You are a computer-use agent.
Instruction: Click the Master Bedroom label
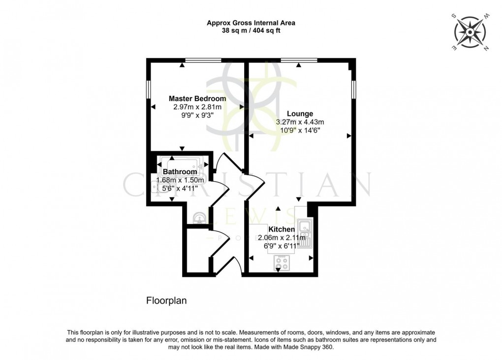[197, 98]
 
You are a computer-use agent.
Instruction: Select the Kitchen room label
[282, 229]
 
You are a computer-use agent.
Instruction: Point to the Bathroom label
[180, 172]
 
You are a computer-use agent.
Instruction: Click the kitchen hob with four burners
[282, 263]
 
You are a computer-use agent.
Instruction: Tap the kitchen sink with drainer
[305, 233]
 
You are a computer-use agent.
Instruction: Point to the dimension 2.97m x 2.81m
[197, 107]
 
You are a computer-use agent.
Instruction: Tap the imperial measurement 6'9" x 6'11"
[282, 246]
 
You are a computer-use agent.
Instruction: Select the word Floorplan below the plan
[166, 300]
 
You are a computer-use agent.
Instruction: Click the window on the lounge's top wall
[299, 61]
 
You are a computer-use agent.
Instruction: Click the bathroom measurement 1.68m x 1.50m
[180, 180]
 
